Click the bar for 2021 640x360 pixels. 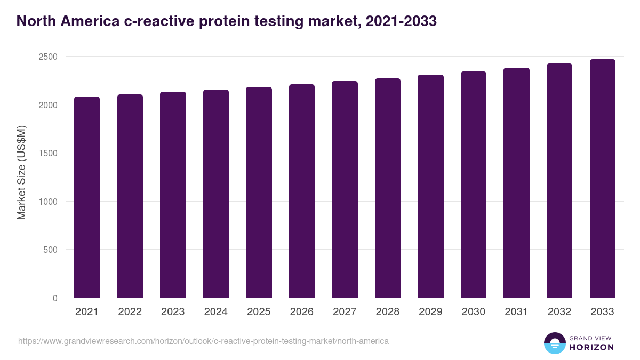coord(87,197)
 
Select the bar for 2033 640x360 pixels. coord(603,179)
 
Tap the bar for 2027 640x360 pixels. coord(345,189)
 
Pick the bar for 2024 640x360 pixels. coord(216,194)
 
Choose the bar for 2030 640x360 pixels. coord(474,185)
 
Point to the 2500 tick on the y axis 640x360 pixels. coord(48,57)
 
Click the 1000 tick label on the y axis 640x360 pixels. coord(48,202)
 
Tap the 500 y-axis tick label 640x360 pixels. coord(51,250)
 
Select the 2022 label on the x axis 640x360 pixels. coord(130,312)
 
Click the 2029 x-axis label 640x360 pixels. coord(430,312)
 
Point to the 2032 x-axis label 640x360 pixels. coord(559,312)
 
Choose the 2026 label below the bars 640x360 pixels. coord(302,312)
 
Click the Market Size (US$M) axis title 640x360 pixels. coord(21,173)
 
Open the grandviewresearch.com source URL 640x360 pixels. coord(203,341)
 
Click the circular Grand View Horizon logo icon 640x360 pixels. coord(555,343)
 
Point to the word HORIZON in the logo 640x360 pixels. coord(591,347)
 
